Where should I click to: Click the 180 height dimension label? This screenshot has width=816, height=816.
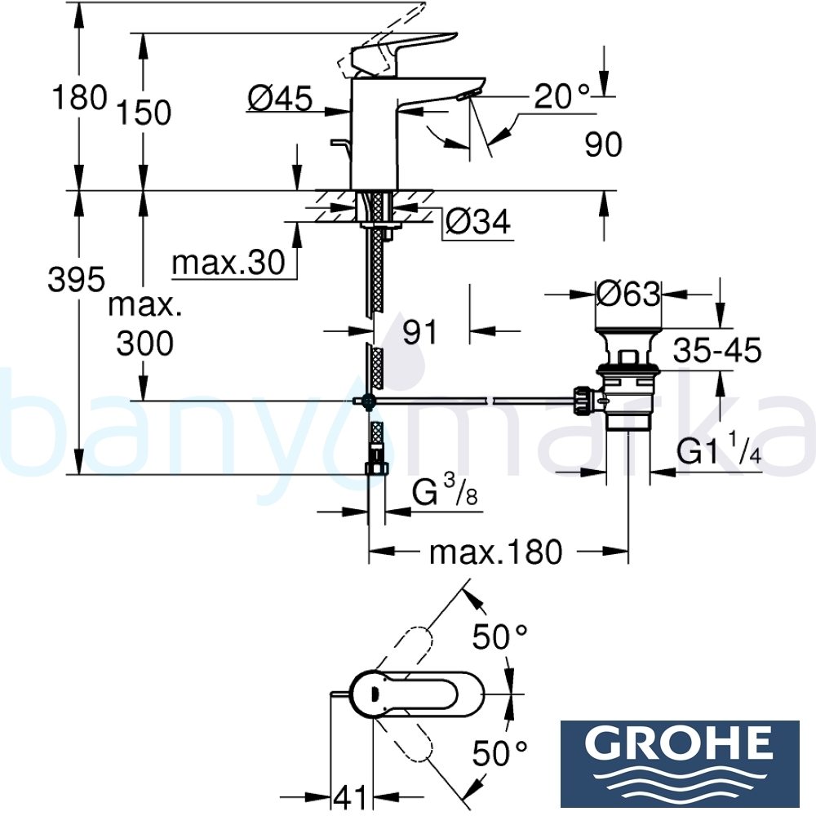click(x=79, y=97)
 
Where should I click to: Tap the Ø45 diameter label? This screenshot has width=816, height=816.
click(x=280, y=100)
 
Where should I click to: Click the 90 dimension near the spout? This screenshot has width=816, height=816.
click(x=604, y=145)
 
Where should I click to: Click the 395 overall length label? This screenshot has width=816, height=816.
click(x=77, y=281)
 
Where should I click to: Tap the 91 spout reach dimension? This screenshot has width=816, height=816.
click(x=421, y=332)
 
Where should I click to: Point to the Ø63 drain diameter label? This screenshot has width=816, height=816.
click(x=628, y=293)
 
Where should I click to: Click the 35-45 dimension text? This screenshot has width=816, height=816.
click(x=717, y=352)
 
